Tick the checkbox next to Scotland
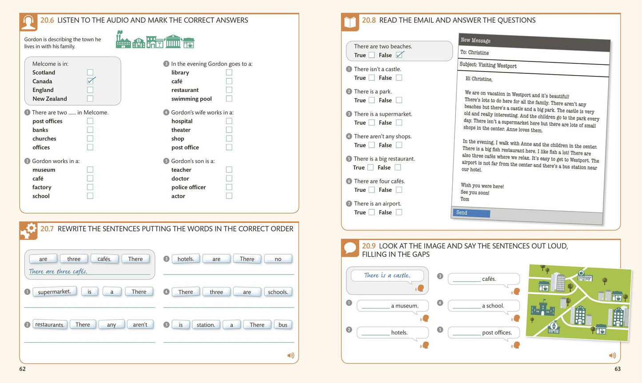click(90, 72)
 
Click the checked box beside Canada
click(90, 81)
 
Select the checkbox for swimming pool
click(229, 99)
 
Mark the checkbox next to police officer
click(229, 187)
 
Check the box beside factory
click(90, 187)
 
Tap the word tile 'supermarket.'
click(55, 291)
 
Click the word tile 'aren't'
click(140, 324)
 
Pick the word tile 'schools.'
click(278, 292)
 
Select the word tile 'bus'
click(283, 325)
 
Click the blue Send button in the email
click(471, 213)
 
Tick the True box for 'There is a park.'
click(372, 100)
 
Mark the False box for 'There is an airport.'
click(399, 212)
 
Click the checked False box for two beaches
click(399, 55)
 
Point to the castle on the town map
click(542, 308)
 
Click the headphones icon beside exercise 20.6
click(29, 22)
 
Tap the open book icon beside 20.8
click(350, 22)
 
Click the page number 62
click(22, 369)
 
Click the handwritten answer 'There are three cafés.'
click(58, 271)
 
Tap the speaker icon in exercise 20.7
click(291, 355)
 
